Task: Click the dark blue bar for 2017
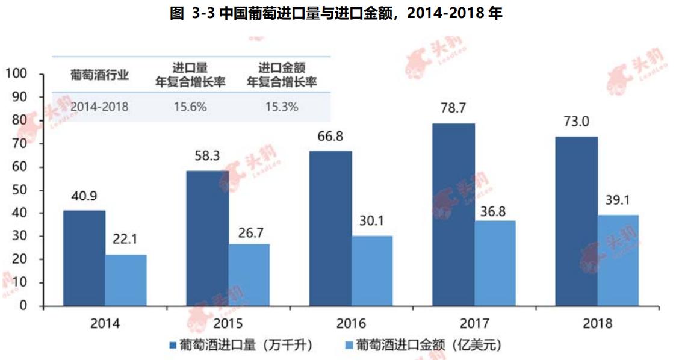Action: tap(453, 215)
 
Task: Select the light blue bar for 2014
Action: tap(125, 280)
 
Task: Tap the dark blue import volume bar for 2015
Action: tap(206, 238)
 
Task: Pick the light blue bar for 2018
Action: tap(618, 260)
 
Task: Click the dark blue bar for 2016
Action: tap(330, 228)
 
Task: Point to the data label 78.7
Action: tap(453, 111)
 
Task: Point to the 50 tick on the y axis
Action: tap(20, 190)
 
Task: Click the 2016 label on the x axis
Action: tap(351, 323)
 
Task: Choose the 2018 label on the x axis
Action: tap(597, 323)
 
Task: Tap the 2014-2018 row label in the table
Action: tap(99, 107)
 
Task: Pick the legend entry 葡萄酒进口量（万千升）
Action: tap(240, 345)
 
